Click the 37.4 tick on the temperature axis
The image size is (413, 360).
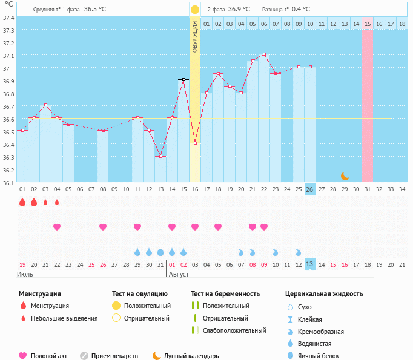(8, 18)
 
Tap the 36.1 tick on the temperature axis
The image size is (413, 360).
(8, 183)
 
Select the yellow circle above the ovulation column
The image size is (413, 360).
(195, 10)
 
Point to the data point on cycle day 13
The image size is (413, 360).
(160, 156)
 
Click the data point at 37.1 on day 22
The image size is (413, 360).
(264, 54)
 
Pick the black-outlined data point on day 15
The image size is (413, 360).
(183, 79)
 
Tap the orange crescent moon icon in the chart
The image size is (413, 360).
(345, 176)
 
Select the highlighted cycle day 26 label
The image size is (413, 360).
(309, 189)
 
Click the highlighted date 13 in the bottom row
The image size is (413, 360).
(309, 264)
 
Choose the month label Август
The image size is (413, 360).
(179, 274)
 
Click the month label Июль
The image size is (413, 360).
(24, 274)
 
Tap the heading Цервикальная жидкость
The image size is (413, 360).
(324, 294)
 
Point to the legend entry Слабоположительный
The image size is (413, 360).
(234, 330)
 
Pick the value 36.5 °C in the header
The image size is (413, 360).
(94, 10)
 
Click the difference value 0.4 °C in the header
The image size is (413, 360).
(301, 10)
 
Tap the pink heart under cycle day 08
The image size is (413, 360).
(103, 227)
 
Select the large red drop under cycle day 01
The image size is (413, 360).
(22, 202)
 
